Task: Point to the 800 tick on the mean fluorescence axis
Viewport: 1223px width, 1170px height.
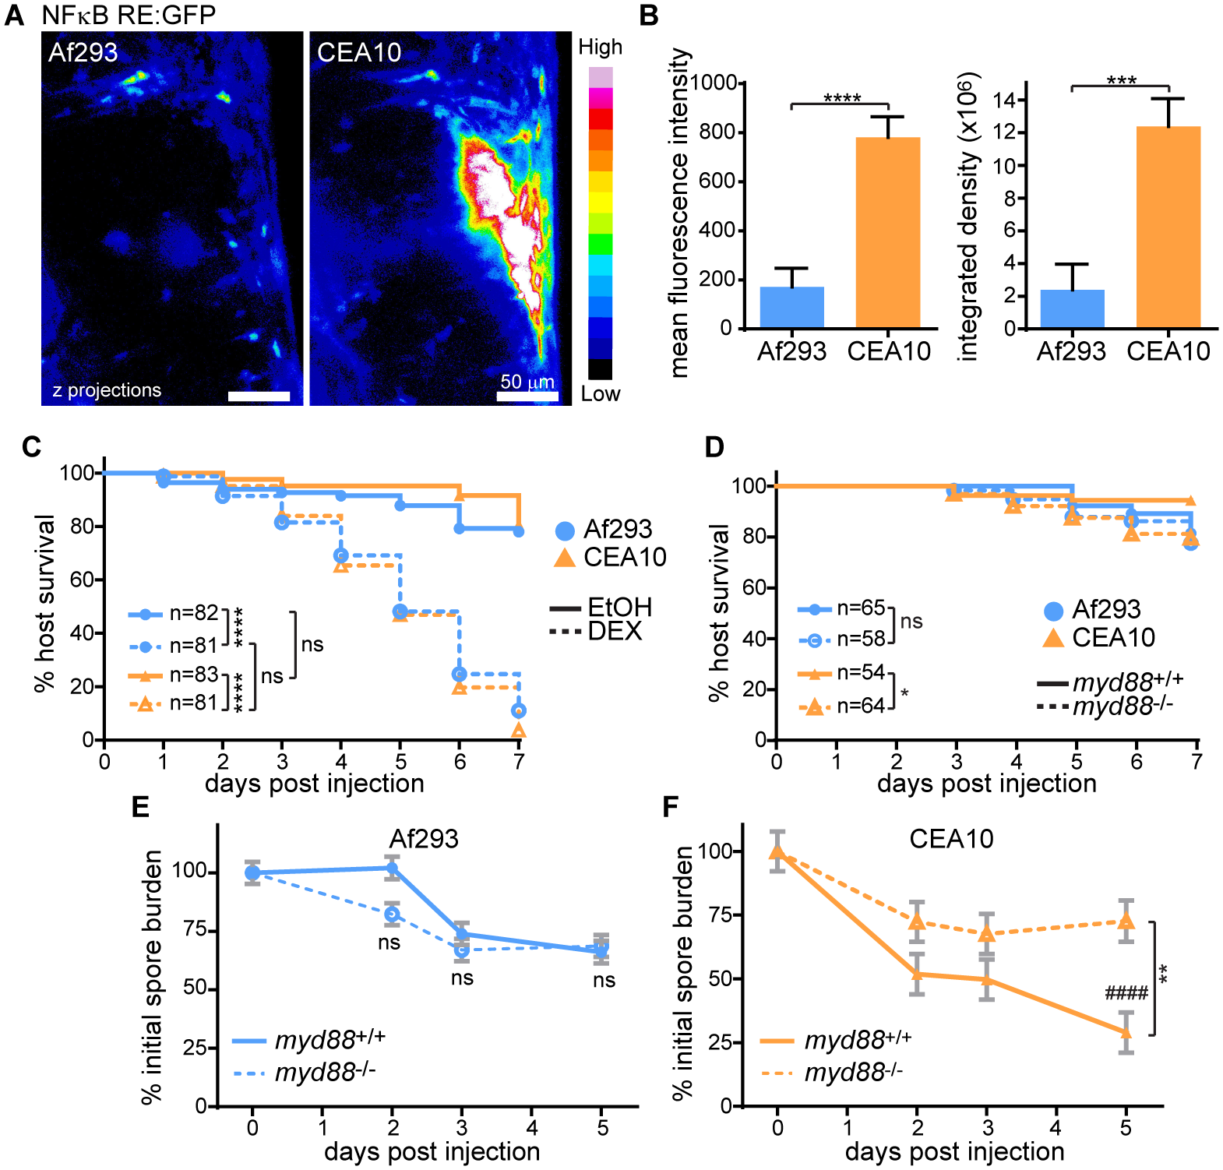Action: click(717, 132)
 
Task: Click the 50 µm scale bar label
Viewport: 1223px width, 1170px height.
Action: click(527, 382)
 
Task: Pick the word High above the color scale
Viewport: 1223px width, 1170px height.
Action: click(600, 48)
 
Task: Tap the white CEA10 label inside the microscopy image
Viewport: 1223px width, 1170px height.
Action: click(359, 53)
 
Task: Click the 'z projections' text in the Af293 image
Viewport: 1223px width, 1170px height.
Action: click(107, 390)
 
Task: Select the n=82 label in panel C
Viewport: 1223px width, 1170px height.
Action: click(194, 613)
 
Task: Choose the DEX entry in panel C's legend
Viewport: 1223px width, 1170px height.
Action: click(615, 631)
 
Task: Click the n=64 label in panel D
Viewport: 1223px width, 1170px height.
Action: click(861, 706)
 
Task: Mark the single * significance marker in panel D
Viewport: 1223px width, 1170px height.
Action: click(904, 693)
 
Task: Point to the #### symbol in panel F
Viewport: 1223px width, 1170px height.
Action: click(1126, 993)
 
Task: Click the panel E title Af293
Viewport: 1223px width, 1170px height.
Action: click(424, 839)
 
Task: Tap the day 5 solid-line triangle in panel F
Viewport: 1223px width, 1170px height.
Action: click(1126, 1032)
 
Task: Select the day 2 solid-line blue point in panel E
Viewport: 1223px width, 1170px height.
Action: click(392, 869)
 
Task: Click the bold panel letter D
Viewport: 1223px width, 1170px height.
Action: click(714, 447)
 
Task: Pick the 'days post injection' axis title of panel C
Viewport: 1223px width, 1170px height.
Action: click(315, 783)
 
